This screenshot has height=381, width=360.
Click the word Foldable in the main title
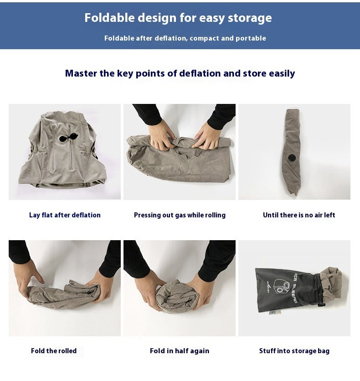pos(109,18)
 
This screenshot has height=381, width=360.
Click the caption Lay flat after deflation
pos(65,215)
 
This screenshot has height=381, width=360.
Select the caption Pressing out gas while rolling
pos(180,215)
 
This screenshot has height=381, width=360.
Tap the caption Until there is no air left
pos(299,215)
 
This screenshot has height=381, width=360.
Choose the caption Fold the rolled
pos(54,351)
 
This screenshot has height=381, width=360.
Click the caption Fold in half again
pos(180,351)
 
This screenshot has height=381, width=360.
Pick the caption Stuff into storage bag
pos(294,351)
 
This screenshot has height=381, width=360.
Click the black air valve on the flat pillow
pos(68,138)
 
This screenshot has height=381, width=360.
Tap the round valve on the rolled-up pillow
pos(293,157)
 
